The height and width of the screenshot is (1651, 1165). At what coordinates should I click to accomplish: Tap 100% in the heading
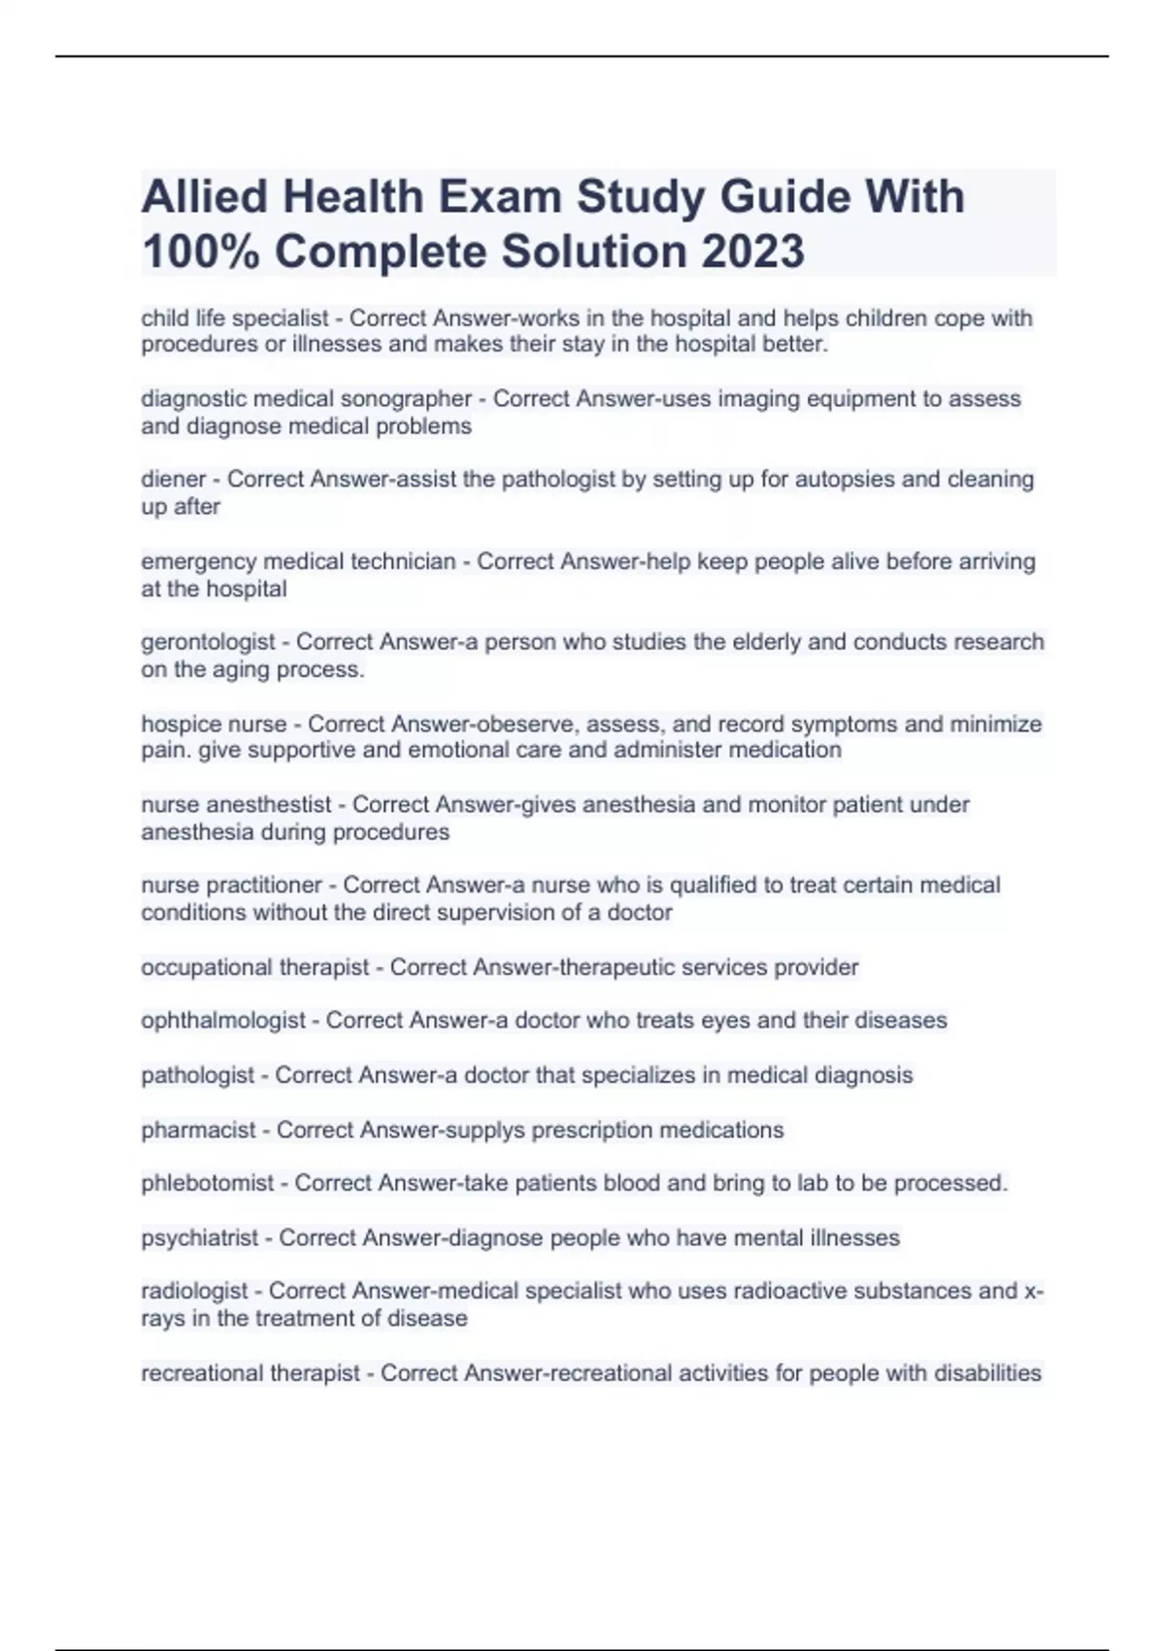point(199,252)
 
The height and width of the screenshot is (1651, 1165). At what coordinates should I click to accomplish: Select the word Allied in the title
point(204,197)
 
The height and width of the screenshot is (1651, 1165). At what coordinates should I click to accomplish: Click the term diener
point(173,479)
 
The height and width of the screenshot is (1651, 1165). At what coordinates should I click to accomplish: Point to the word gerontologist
point(208,642)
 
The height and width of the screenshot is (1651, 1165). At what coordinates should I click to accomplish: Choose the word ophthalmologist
point(223,1021)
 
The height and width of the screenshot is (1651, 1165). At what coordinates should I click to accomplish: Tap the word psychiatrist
point(199,1238)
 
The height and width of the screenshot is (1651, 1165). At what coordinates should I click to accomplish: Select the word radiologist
point(194,1292)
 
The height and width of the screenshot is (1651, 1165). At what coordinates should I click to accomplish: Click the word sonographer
point(406,399)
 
